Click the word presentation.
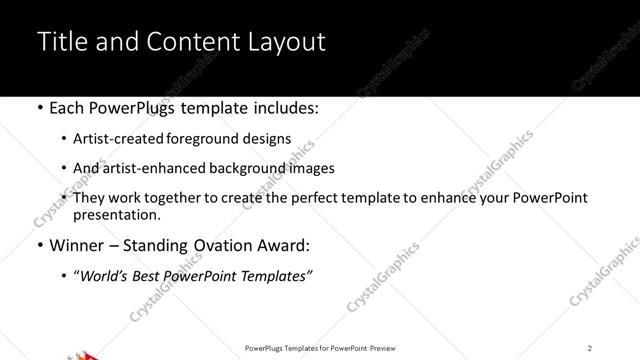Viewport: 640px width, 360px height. [116, 214]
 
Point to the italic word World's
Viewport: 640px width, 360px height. [104, 275]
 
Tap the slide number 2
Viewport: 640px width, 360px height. [590, 348]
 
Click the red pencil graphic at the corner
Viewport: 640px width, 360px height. [85, 355]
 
